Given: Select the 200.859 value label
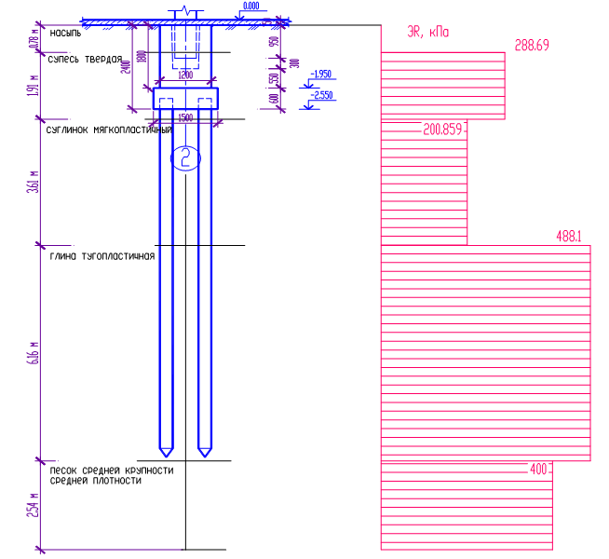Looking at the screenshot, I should [442, 130].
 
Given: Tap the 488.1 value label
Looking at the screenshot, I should [568, 237].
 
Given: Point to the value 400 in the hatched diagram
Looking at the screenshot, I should [538, 470].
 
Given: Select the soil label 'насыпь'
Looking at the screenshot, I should [65, 33].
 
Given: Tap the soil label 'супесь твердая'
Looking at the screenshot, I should [85, 59].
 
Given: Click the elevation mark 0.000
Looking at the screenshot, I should [250, 7].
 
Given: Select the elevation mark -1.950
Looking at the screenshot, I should [321, 74].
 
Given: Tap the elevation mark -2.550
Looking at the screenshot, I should [321, 95].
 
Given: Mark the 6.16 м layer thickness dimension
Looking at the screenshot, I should [34, 354].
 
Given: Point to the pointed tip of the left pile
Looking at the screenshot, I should [165, 455].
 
